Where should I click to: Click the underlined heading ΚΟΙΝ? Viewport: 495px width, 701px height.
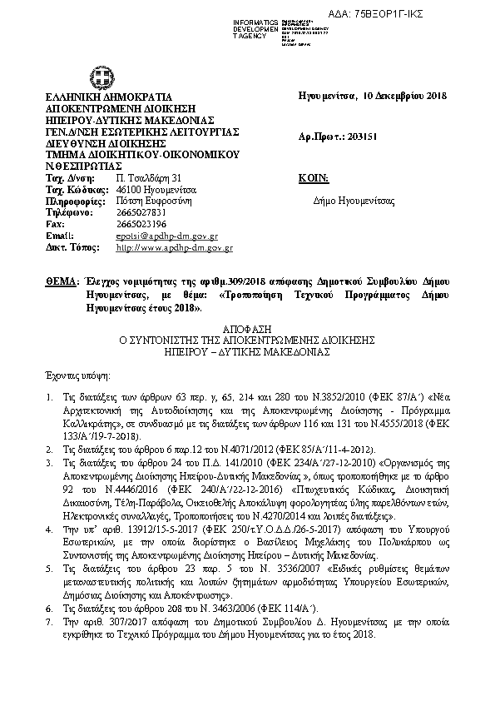click(313, 178)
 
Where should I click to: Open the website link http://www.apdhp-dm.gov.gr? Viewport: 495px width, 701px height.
click(174, 247)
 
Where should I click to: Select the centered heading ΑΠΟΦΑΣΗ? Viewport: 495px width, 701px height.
click(247, 330)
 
